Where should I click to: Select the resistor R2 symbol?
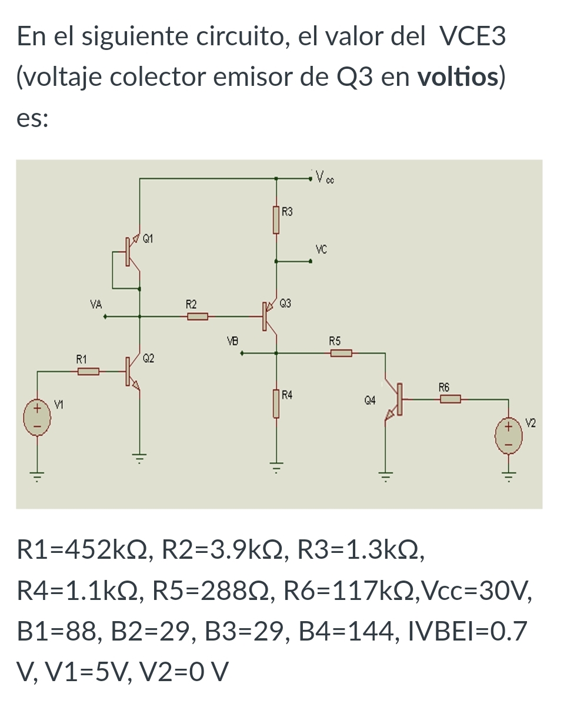(x=198, y=317)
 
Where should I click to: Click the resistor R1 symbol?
(x=88, y=371)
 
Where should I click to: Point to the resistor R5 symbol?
(x=341, y=353)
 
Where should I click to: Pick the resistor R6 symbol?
(x=450, y=399)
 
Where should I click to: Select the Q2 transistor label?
(x=149, y=358)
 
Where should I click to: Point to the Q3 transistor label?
(x=286, y=304)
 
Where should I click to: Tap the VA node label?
(x=96, y=305)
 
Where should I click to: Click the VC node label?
(x=321, y=249)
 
